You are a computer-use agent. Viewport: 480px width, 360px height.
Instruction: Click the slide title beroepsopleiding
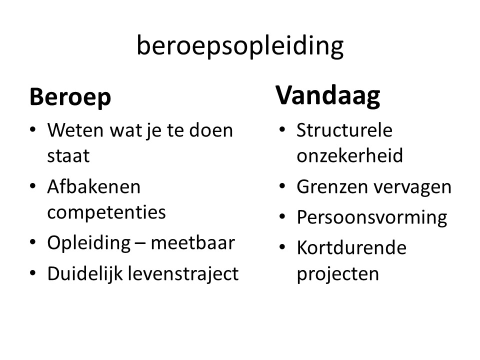(x=240, y=46)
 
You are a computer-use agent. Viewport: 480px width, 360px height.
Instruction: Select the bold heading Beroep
(x=70, y=97)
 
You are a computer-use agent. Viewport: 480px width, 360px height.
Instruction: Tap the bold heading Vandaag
(x=328, y=96)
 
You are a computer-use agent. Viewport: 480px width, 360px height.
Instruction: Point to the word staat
(x=68, y=156)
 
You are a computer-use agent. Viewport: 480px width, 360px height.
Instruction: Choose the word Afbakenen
(x=93, y=186)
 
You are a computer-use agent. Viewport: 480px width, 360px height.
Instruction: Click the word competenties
(x=106, y=212)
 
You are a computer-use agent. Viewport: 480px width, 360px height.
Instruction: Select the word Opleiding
(x=89, y=243)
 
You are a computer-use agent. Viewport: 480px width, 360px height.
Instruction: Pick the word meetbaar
(x=193, y=243)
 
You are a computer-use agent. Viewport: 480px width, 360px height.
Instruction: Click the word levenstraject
(x=183, y=273)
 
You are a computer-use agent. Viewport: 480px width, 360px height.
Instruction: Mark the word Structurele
(x=344, y=130)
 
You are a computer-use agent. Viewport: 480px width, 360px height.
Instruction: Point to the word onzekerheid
(x=349, y=155)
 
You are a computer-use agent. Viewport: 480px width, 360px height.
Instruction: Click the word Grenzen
(x=332, y=186)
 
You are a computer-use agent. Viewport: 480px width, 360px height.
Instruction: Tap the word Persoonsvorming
(x=372, y=218)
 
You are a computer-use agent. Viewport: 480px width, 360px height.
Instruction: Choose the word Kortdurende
(x=351, y=247)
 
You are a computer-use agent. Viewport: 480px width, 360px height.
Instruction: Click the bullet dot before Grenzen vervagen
(x=282, y=186)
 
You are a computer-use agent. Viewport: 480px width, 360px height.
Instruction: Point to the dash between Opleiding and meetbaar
(x=141, y=244)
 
